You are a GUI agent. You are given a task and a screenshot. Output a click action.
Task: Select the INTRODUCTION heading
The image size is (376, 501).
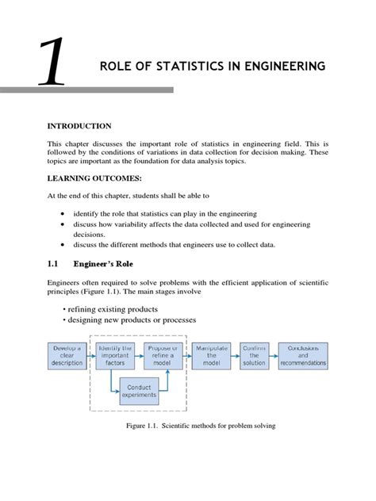78,126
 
